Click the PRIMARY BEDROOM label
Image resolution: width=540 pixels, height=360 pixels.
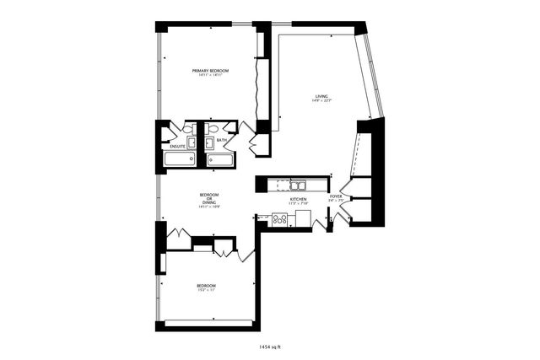[x=210, y=71]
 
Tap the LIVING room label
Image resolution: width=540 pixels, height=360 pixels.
[x=322, y=97]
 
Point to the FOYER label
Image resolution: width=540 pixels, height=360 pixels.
[x=335, y=196]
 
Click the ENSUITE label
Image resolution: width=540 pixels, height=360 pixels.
[x=177, y=146]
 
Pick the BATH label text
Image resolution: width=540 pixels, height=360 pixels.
[x=221, y=140]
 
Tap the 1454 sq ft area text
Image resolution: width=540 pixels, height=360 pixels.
[x=270, y=346]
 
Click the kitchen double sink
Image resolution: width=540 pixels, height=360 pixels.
[x=298, y=185]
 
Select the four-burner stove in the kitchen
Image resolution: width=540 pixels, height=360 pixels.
[x=280, y=218]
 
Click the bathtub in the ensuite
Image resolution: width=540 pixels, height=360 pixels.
[x=179, y=159]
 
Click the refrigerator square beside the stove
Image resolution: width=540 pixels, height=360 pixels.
[x=303, y=218]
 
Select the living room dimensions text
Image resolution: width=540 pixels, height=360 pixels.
[x=322, y=102]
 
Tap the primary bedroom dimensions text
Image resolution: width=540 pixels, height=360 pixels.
[x=210, y=76]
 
